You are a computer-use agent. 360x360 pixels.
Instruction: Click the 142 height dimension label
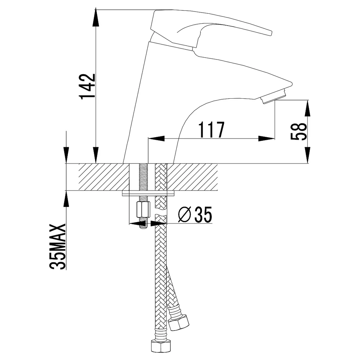pos(87,86)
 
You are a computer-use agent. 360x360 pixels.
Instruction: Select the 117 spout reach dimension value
pos(211,130)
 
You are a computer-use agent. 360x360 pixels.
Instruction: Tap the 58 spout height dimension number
pos(298,131)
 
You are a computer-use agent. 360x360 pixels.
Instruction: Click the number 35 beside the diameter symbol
pos(203,215)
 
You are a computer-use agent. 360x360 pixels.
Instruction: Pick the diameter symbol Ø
pos(185,215)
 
